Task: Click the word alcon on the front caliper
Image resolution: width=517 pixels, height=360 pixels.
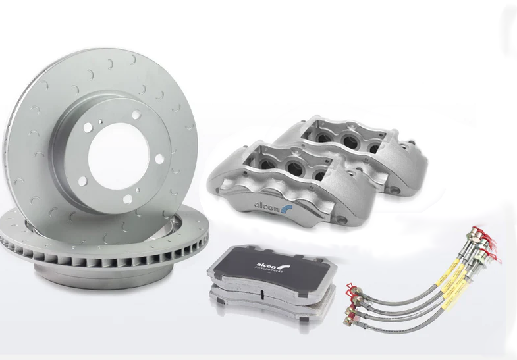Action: coord(266,205)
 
